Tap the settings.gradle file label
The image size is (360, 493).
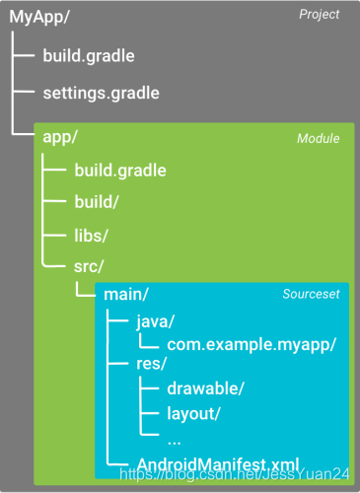(101, 94)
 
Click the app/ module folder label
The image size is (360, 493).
(60, 137)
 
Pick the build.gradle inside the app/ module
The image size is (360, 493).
(119, 170)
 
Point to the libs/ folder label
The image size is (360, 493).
(91, 235)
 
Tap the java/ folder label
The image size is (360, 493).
(156, 322)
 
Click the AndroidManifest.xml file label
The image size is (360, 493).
(217, 463)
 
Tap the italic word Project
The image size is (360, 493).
(319, 15)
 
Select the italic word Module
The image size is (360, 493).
(318, 138)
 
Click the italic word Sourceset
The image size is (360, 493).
(310, 295)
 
